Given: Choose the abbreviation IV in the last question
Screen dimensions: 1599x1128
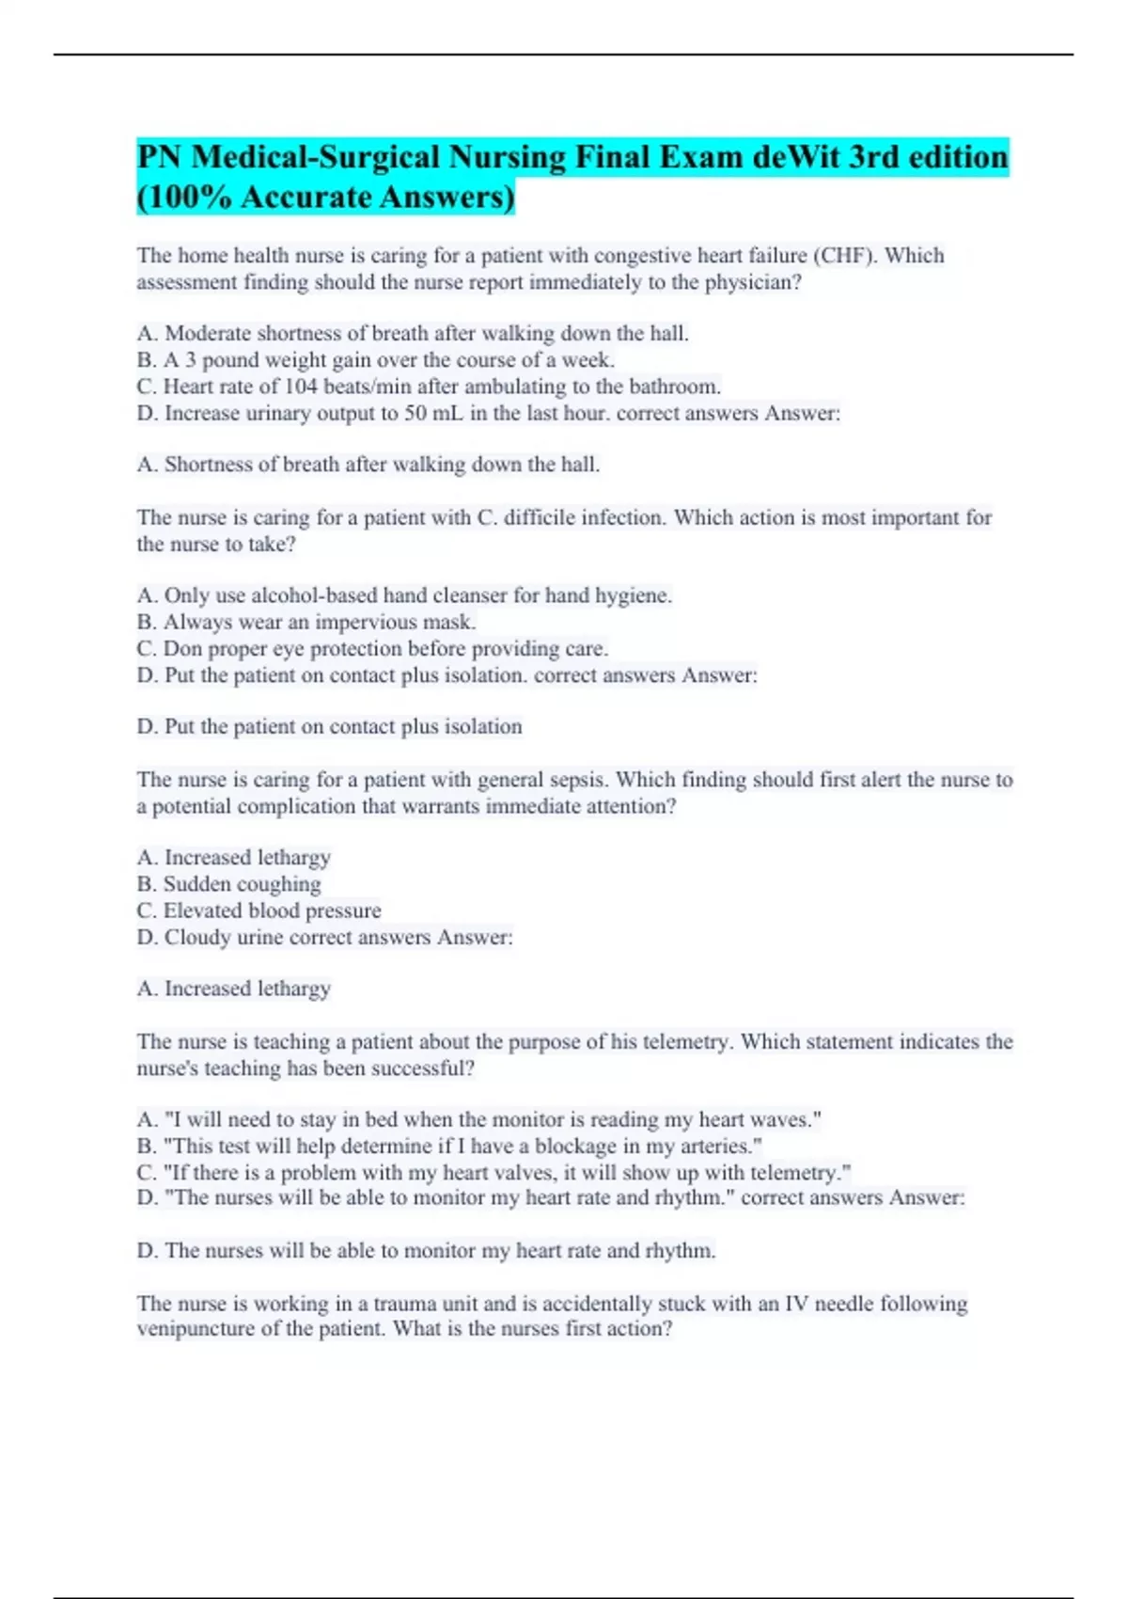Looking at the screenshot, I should pos(795,1304).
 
